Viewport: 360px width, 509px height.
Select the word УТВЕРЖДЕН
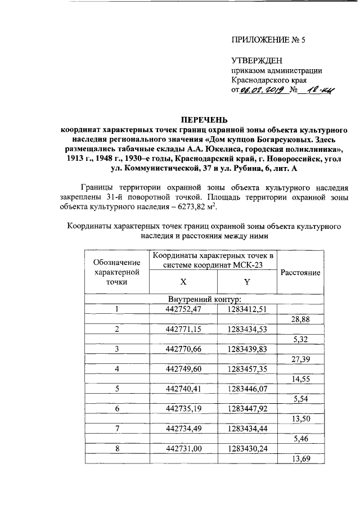click(257, 61)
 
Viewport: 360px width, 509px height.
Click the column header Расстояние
click(300, 272)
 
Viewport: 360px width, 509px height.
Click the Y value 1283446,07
click(246, 389)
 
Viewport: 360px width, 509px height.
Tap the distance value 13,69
click(300, 460)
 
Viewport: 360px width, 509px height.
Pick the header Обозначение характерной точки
click(117, 272)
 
